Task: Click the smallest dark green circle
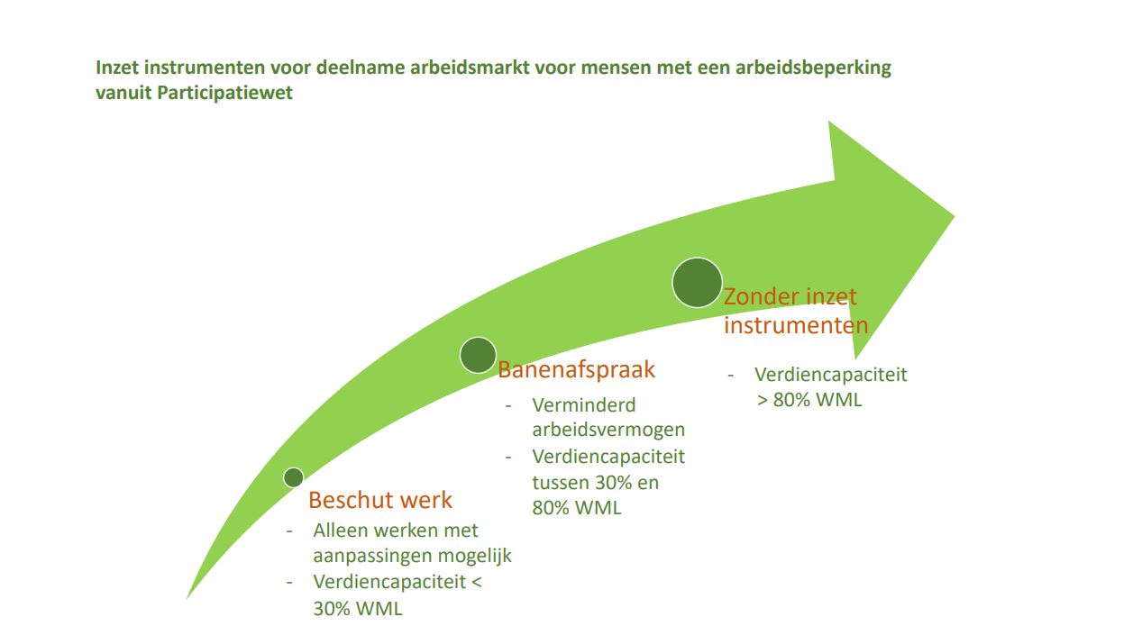[x=293, y=477]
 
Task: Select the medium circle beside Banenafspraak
[x=478, y=355]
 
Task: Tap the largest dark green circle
[x=697, y=283]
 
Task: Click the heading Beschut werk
[x=379, y=500]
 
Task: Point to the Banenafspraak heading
[x=576, y=369]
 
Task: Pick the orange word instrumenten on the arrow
[x=796, y=324]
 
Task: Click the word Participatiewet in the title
[x=224, y=93]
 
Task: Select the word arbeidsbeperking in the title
[x=813, y=68]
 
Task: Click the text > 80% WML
[x=809, y=400]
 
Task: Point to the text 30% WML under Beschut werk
[x=358, y=609]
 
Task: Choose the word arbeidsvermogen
[x=608, y=430]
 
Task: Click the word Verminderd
[x=584, y=405]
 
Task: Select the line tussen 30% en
[x=595, y=482]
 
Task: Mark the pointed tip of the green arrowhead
[x=954, y=216]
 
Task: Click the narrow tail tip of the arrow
[x=187, y=598]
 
